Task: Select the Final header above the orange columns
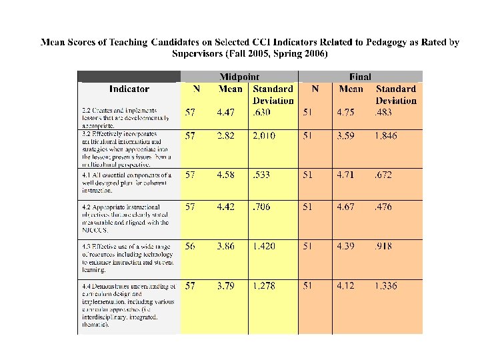tap(360, 77)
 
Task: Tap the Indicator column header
tap(129, 89)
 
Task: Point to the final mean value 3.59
tap(351, 136)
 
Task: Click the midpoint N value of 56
tap(190, 246)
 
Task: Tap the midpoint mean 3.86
tap(225, 246)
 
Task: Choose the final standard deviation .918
tap(383, 246)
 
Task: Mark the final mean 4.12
tap(351, 286)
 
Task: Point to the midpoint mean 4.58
tap(225, 175)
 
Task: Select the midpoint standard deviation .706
tap(261, 207)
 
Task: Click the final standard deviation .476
tap(383, 207)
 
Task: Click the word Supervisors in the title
tap(202, 54)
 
